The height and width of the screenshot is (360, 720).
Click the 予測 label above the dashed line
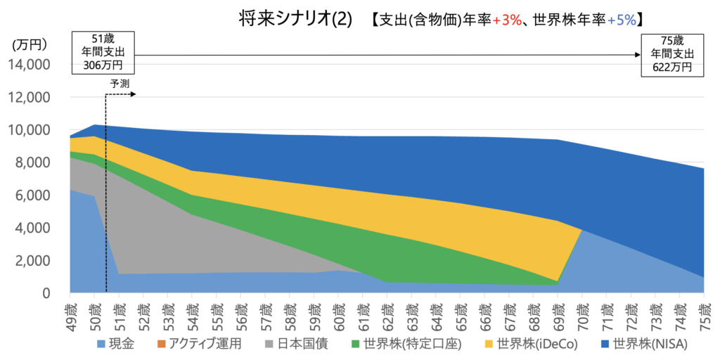pos(119,83)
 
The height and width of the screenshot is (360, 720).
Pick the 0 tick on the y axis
pos(45,293)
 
